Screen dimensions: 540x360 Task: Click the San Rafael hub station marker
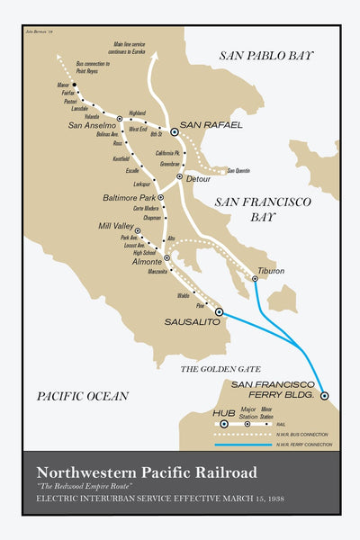[x=175, y=131]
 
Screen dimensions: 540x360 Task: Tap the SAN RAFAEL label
[x=211, y=124]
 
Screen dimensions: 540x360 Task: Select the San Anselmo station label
[x=91, y=125]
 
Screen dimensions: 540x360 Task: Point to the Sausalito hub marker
[x=219, y=311]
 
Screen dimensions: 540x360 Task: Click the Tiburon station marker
[x=255, y=279]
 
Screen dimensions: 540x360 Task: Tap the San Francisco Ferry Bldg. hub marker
[x=324, y=395]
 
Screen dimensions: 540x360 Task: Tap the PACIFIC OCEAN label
[x=83, y=395]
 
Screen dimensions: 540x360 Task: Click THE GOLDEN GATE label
[x=221, y=369]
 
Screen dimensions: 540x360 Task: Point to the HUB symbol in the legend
[x=224, y=423]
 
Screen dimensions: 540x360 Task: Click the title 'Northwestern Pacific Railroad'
[x=146, y=472]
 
